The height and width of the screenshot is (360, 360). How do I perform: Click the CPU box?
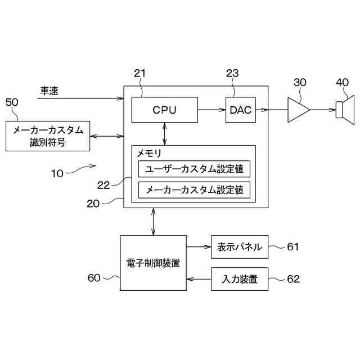click(x=164, y=110)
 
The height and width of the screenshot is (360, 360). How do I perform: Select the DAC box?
click(x=241, y=110)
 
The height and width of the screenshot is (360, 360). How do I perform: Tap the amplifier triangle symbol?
click(x=298, y=110)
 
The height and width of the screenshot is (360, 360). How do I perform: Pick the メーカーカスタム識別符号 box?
click(x=48, y=136)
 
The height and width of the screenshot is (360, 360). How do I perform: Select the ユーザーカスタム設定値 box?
click(x=194, y=169)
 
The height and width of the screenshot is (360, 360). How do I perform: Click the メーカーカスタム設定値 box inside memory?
click(x=194, y=190)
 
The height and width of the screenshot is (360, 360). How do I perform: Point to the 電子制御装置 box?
click(x=154, y=263)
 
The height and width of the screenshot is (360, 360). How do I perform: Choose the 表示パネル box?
click(x=240, y=246)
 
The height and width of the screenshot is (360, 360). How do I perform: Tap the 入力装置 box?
click(x=240, y=279)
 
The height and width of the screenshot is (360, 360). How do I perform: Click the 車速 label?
click(x=49, y=90)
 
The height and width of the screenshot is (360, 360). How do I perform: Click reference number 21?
click(x=139, y=73)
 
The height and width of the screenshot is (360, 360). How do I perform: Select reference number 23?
click(x=232, y=73)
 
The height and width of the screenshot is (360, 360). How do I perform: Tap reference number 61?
click(x=293, y=246)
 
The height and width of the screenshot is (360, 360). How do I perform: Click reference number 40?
click(x=342, y=82)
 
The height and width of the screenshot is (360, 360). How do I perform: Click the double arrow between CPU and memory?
click(x=164, y=133)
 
